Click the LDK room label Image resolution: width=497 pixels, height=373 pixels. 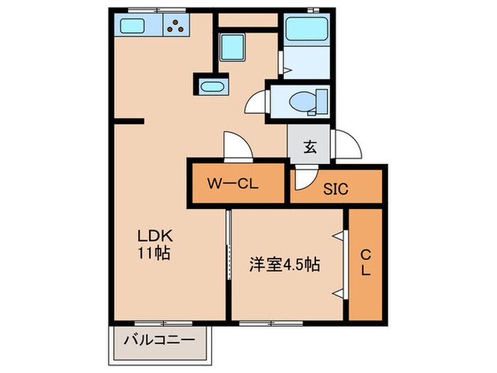152,237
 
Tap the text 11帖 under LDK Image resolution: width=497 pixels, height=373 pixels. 152,252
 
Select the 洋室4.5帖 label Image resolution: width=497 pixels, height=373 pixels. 284,265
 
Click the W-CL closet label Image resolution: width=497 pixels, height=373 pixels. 232,183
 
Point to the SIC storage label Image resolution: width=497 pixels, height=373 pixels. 337,189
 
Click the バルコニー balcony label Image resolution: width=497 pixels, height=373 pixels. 160,341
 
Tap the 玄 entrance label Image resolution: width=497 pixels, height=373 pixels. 310,148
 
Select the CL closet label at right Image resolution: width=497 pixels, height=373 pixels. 366,264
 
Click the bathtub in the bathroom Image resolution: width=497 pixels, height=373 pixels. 303,29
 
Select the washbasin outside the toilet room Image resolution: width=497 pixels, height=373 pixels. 212,87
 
